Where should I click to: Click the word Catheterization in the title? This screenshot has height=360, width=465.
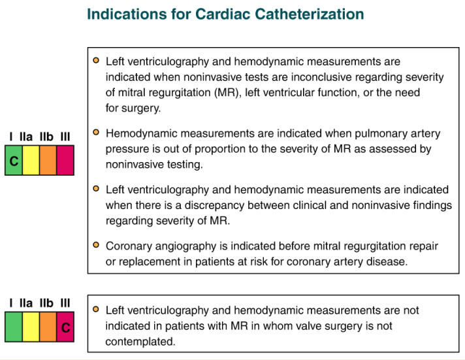(x=310, y=14)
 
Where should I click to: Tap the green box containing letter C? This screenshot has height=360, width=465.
(x=14, y=160)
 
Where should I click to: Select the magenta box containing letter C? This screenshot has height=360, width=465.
(x=65, y=327)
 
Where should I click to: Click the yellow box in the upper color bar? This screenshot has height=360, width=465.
(x=31, y=160)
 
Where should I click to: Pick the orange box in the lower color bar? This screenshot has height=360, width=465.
(x=48, y=327)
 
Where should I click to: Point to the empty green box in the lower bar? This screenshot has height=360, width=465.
(x=14, y=327)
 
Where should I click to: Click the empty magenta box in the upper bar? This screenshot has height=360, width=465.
(x=65, y=160)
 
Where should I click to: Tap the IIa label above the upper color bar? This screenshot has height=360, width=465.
(x=26, y=137)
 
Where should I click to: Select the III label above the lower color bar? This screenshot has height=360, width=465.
(x=65, y=303)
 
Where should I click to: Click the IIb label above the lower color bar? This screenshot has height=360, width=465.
(x=46, y=303)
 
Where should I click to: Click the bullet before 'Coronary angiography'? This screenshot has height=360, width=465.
(x=96, y=245)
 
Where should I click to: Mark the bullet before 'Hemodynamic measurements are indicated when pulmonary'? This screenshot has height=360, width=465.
(x=96, y=132)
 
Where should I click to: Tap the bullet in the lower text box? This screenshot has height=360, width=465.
(x=96, y=309)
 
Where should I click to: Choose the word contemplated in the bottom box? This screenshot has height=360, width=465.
(x=140, y=342)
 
